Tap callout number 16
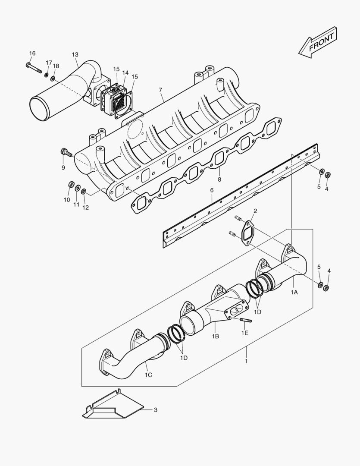(x=32, y=54)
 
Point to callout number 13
(x=75, y=54)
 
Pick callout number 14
(x=125, y=73)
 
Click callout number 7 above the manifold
(x=160, y=90)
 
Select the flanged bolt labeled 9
(x=66, y=152)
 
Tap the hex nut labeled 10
(x=71, y=185)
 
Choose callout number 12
(x=86, y=208)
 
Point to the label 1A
(x=294, y=292)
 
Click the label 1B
(x=216, y=336)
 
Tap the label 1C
(x=148, y=375)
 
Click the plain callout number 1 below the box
(x=246, y=361)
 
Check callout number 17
(x=49, y=63)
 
